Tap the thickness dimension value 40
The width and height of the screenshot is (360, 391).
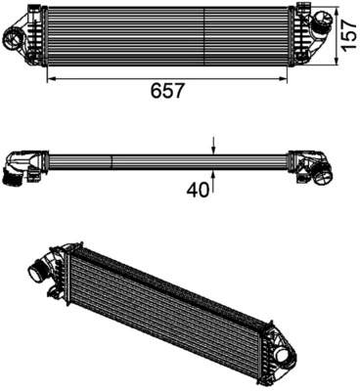199,191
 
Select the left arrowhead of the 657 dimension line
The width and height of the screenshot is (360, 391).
49,76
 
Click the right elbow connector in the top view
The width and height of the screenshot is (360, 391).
315,167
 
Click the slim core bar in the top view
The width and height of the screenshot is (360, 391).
166,159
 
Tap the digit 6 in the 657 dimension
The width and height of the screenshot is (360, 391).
157,91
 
